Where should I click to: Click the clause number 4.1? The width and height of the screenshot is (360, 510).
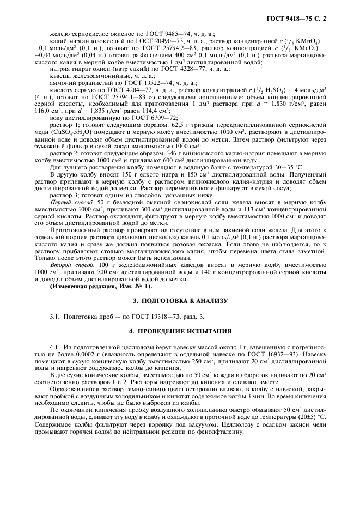tap(54, 347)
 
